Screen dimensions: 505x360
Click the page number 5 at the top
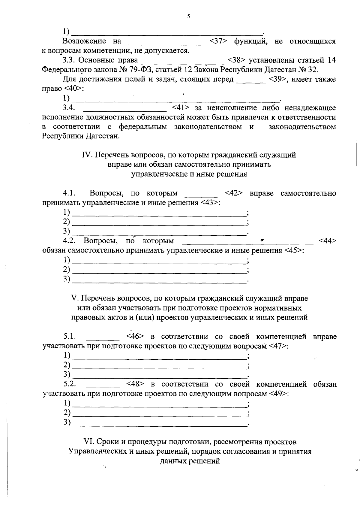point(188,17)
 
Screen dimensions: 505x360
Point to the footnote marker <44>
point(328,241)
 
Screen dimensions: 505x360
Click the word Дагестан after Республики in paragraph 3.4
point(103,136)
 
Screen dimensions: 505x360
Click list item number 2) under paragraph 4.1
point(66,222)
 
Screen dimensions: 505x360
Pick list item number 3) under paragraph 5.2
point(67,422)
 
